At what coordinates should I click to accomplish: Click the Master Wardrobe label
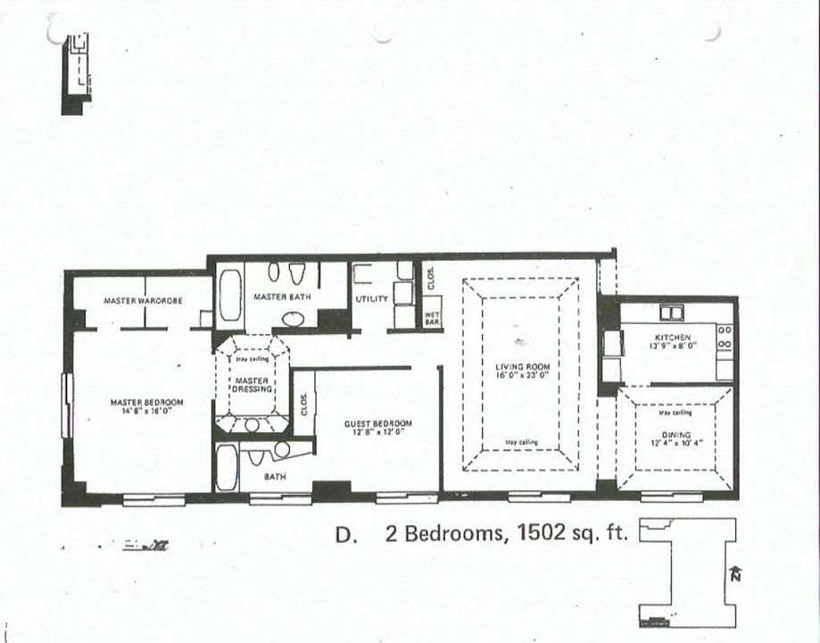click(x=143, y=301)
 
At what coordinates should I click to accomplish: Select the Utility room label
click(x=372, y=299)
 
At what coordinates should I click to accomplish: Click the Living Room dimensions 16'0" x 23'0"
click(x=523, y=376)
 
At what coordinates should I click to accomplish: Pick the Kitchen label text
click(x=673, y=337)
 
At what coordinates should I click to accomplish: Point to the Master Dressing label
click(x=252, y=385)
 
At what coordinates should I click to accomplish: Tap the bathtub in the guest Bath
click(x=227, y=468)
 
